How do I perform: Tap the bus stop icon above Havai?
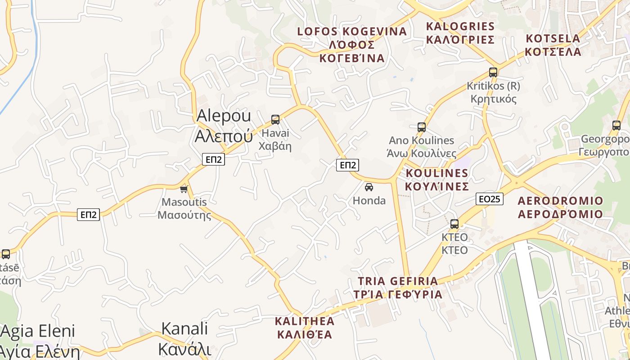tap(275, 120)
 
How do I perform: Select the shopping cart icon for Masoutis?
tap(184, 189)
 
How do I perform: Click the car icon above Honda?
tap(369, 187)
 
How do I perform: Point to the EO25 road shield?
tap(490, 199)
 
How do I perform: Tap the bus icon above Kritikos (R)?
tap(493, 72)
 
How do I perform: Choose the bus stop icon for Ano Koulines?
tap(422, 127)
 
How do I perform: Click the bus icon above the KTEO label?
tap(454, 224)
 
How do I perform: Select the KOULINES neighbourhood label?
tap(437, 180)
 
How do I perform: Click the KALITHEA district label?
tap(305, 328)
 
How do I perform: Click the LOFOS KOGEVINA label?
tap(352, 45)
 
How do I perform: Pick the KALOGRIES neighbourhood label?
tap(460, 33)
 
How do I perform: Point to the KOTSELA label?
tap(553, 45)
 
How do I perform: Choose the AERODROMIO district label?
tap(560, 207)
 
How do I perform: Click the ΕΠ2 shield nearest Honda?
tap(348, 165)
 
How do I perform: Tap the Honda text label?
tap(369, 201)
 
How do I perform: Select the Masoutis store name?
tap(184, 208)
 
